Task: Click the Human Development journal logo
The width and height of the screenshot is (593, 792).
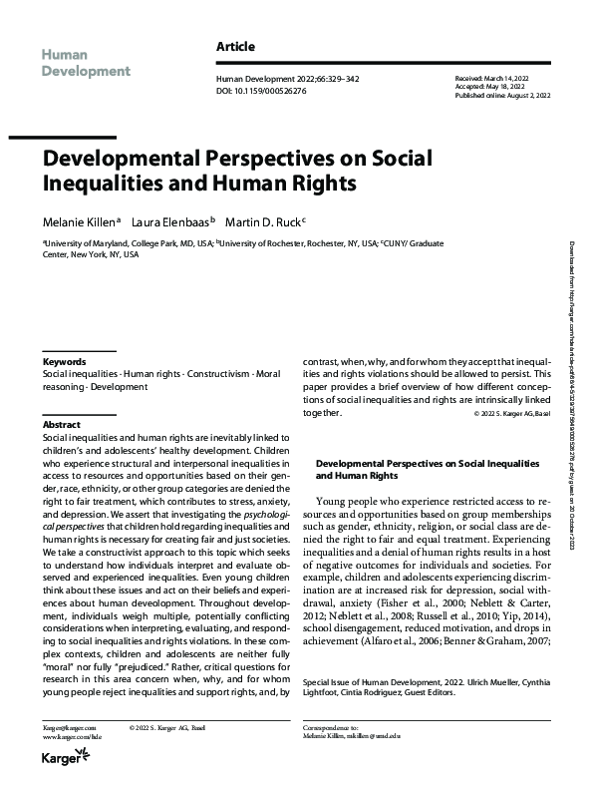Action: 86,62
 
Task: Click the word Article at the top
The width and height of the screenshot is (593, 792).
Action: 235,47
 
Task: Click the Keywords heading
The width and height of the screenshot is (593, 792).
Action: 64,361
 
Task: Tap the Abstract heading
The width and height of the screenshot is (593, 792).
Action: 61,424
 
